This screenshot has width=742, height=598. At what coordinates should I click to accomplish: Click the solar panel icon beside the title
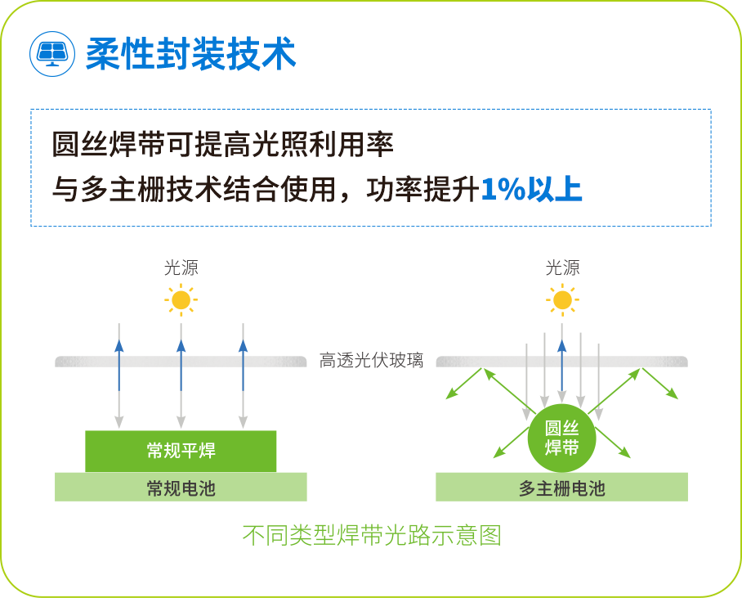point(51,53)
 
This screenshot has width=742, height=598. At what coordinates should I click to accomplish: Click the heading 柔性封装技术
point(190,53)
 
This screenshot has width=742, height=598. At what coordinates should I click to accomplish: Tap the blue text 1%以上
point(531,189)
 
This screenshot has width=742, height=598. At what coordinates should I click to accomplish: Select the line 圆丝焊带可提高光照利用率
point(222,146)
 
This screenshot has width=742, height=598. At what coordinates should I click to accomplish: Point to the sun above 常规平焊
point(181,300)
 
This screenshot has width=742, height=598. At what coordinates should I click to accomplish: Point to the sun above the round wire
point(562,300)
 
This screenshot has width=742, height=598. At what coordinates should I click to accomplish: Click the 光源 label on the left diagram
point(181,268)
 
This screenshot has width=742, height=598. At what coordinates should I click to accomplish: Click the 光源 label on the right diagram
point(562,268)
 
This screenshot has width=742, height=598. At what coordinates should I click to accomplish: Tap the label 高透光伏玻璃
point(371,361)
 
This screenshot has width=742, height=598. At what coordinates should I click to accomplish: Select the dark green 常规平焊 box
point(181,451)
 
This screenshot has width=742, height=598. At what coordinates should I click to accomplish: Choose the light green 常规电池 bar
point(181,488)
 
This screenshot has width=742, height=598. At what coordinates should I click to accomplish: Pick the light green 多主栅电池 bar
point(562,488)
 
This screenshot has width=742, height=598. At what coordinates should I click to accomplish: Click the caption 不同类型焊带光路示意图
point(372,536)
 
